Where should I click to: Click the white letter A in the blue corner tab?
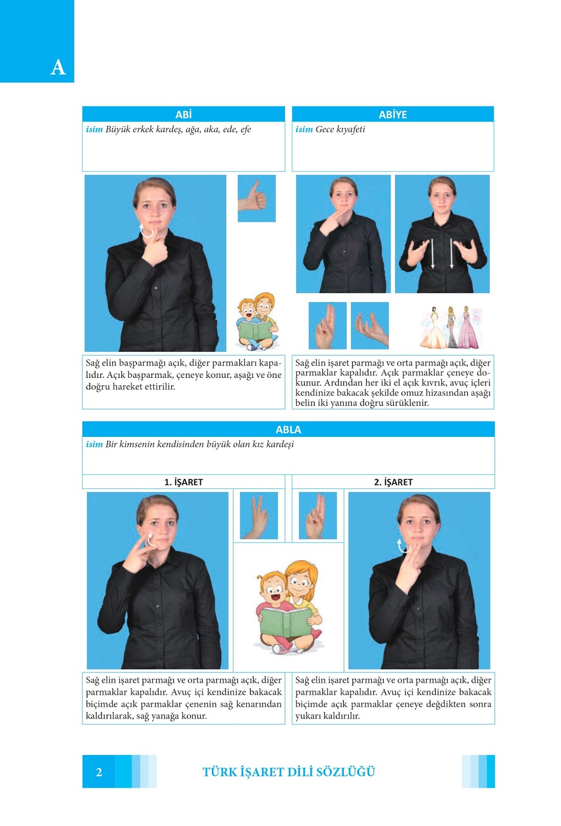(x=58, y=68)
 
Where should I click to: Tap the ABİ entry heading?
(x=184, y=115)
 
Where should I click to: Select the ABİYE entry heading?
(x=393, y=115)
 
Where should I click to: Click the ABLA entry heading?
(x=288, y=430)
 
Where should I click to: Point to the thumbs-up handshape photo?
(x=256, y=198)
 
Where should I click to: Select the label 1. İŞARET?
(x=184, y=482)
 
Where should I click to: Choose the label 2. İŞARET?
(x=393, y=482)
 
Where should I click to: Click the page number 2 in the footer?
(x=98, y=772)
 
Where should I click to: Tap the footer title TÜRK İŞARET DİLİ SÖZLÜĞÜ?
(x=288, y=772)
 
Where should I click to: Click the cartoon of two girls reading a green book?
(x=288, y=607)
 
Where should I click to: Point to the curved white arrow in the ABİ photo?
(x=146, y=231)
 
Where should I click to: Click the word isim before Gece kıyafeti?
(x=304, y=129)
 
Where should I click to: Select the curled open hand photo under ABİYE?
(x=370, y=326)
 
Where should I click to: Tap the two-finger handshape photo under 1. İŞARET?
(x=258, y=516)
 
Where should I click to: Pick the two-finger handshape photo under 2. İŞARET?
(x=318, y=516)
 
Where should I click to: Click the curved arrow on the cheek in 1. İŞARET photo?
(x=150, y=540)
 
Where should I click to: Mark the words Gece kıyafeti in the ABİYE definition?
(x=340, y=130)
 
